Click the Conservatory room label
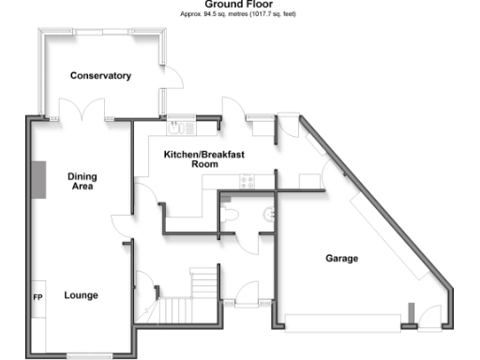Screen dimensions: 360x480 click(x=100, y=76)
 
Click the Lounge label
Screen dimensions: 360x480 click(x=81, y=295)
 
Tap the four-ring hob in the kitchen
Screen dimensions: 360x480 click(x=248, y=182)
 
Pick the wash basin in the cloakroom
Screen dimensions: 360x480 click(x=271, y=214)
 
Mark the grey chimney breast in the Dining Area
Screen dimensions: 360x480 click(x=39, y=179)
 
